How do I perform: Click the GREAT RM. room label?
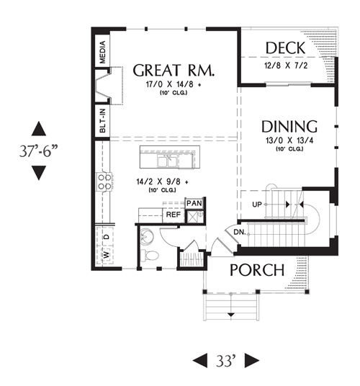[x=174, y=70]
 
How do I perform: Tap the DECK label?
[x=285, y=48]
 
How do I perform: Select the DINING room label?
[x=289, y=127]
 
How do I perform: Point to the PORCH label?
[x=257, y=270]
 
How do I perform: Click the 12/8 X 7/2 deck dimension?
[x=286, y=66]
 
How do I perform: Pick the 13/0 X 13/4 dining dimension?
[x=289, y=140]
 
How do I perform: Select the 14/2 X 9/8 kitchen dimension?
[x=163, y=181]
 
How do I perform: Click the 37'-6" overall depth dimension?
[x=39, y=151]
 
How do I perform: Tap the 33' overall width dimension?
[x=226, y=361]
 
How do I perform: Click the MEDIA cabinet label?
[x=102, y=52]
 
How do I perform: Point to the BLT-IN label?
[x=102, y=121]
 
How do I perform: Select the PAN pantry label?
[x=194, y=203]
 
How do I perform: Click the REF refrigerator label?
[x=174, y=215]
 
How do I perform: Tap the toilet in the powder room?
[x=149, y=255]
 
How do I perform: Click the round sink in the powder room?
[x=147, y=236]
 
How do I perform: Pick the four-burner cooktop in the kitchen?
[x=104, y=181]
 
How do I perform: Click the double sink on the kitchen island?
[x=168, y=161]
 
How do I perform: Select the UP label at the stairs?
[x=257, y=205]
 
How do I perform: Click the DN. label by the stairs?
[x=240, y=232]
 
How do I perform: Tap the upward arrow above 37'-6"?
[x=39, y=129]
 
